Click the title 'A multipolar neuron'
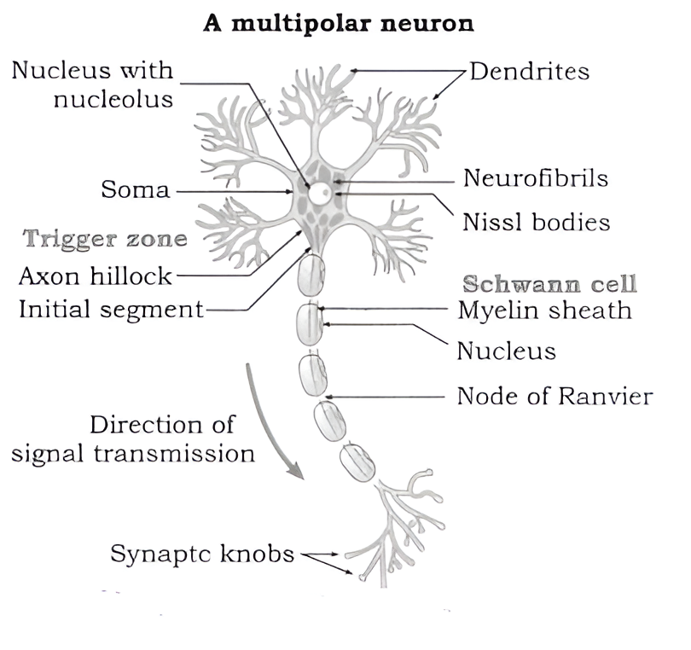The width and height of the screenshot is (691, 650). click(x=339, y=23)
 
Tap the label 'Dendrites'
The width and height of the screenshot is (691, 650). click(x=530, y=71)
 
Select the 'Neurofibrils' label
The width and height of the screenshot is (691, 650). click(x=536, y=178)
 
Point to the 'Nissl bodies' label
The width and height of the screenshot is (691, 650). click(x=537, y=223)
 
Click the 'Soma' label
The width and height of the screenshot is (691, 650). click(x=136, y=189)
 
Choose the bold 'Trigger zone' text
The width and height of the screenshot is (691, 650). click(x=105, y=239)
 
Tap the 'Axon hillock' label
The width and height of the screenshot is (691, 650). click(x=96, y=276)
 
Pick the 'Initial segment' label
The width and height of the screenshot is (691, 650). click(x=111, y=309)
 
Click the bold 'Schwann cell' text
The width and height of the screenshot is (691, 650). click(x=550, y=284)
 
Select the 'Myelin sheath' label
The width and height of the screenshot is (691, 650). click(x=544, y=310)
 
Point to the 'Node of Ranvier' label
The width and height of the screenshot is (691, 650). click(x=555, y=397)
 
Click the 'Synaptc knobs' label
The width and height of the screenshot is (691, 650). click(x=202, y=554)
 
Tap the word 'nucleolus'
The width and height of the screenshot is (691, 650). click(x=113, y=100)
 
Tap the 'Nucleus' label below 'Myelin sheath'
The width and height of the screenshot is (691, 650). click(x=506, y=351)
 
